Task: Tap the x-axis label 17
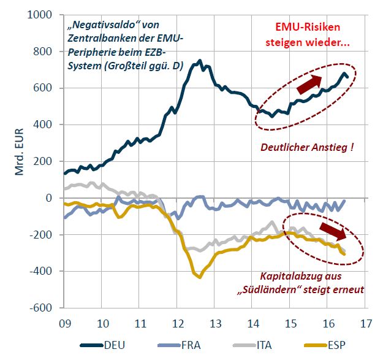(366, 322)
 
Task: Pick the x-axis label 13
(216, 322)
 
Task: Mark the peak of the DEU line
(200, 61)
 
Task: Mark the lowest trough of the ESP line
(199, 277)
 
